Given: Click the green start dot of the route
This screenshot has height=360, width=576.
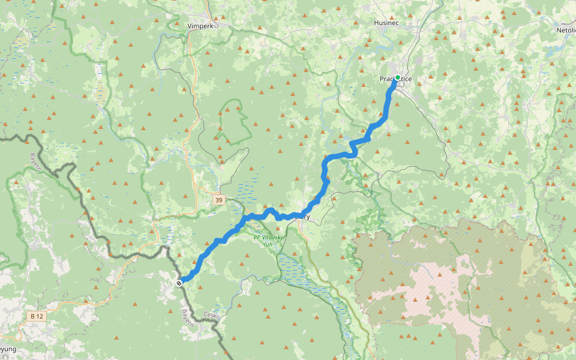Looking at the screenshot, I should pyautogui.click(x=397, y=77).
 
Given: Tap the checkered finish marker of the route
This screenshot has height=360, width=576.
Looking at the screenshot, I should pyautogui.click(x=179, y=282).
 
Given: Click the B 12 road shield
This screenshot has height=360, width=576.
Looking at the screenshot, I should pyautogui.click(x=36, y=316).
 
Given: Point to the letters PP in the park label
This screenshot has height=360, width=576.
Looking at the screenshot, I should pyautogui.click(x=256, y=237).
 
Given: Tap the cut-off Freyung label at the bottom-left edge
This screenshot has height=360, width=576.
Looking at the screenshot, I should pyautogui.click(x=7, y=349).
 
